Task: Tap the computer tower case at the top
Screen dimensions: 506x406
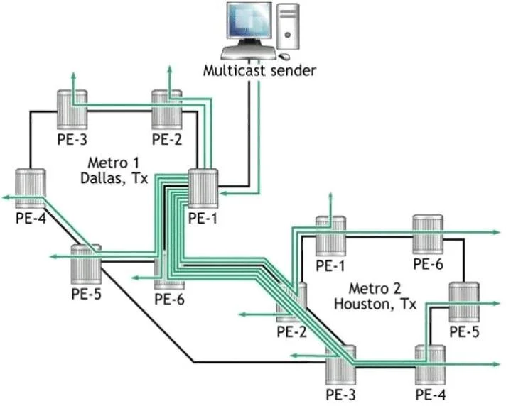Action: click(x=288, y=26)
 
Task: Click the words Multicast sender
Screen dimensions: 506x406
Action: click(x=259, y=70)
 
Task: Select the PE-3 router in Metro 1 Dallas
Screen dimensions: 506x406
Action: click(x=72, y=109)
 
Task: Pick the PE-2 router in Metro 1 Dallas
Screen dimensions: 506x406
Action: click(x=167, y=109)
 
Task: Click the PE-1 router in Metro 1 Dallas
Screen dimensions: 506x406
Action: click(x=203, y=189)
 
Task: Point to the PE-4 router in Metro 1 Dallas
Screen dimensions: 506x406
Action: click(x=31, y=189)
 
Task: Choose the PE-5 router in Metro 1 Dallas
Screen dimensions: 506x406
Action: click(x=86, y=264)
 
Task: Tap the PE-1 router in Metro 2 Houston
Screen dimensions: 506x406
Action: click(x=330, y=236)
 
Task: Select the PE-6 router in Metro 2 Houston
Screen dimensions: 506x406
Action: click(x=428, y=234)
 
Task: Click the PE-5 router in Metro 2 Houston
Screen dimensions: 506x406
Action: click(x=464, y=302)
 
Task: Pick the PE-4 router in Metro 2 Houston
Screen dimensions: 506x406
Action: click(x=430, y=365)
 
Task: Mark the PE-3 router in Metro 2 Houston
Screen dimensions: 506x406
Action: click(x=341, y=365)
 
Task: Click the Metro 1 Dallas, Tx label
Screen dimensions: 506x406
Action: click(x=114, y=170)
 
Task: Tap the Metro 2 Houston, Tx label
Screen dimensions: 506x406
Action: click(x=375, y=296)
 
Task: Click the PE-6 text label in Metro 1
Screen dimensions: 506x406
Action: click(x=169, y=299)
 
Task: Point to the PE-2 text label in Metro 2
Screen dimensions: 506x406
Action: click(x=291, y=331)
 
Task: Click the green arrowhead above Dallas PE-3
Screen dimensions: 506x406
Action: click(x=74, y=76)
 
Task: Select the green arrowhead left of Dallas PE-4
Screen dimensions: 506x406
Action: click(x=6, y=197)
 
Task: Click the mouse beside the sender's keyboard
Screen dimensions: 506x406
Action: click(x=284, y=56)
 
